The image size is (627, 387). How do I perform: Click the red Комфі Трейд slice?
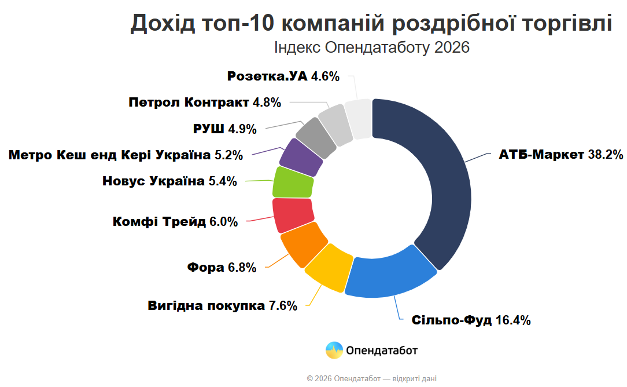[293, 214]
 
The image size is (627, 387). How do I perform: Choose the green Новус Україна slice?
[293, 182]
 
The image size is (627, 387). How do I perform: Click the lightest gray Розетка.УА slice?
[358, 119]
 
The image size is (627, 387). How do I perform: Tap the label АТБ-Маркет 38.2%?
[560, 155]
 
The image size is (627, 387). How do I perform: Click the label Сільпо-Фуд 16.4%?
[471, 320]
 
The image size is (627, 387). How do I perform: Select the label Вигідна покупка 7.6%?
[222, 305]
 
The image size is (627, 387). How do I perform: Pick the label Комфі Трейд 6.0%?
[175, 221]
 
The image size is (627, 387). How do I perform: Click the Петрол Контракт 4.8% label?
[205, 103]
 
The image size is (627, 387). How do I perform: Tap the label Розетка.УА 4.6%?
[283, 76]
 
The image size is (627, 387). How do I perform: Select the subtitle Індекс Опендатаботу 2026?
[371, 48]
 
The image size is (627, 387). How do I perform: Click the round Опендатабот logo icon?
[334, 351]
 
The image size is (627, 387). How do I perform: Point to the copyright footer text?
[372, 378]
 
